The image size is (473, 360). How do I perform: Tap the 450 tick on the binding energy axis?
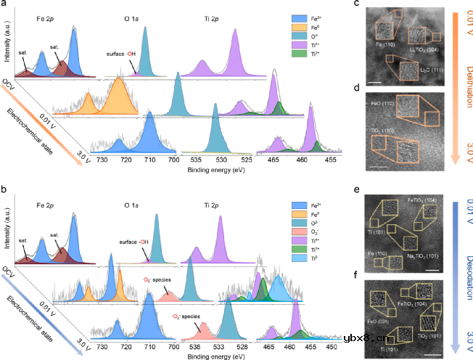click(331, 348)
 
